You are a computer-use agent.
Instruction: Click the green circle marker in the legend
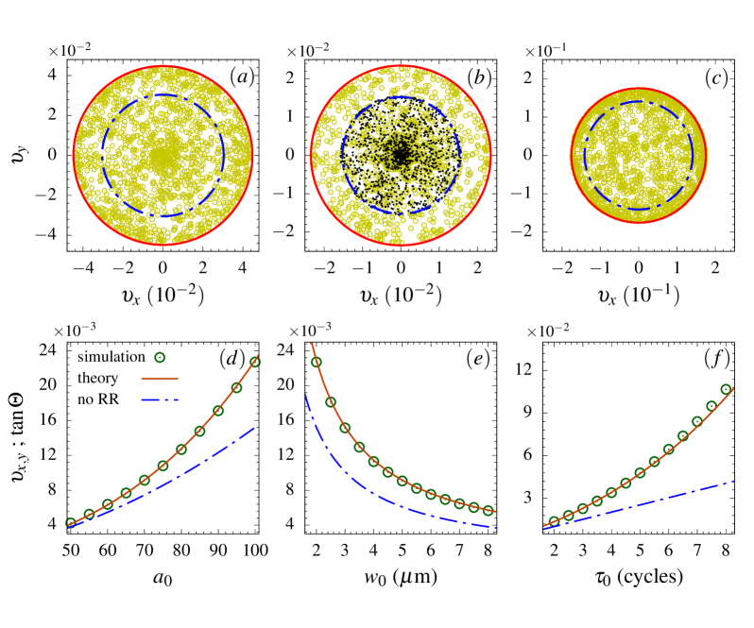[160, 357]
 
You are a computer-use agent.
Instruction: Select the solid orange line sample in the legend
[160, 378]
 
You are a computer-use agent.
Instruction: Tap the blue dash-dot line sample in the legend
[160, 399]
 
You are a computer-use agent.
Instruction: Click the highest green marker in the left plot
[255, 361]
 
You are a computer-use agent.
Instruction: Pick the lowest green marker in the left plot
[71, 522]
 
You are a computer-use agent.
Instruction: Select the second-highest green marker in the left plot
[237, 387]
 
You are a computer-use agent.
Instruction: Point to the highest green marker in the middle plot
[317, 362]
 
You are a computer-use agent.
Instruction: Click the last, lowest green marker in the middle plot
[488, 510]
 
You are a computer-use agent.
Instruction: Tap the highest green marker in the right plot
[726, 389]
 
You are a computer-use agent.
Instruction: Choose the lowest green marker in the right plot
[554, 521]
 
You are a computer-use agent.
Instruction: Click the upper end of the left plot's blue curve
[255, 427]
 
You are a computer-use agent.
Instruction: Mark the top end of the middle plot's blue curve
[305, 395]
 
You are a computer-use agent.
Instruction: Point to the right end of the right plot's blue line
[734, 481]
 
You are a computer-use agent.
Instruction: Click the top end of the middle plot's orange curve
[312, 344]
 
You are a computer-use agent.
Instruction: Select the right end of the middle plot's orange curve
[495, 512]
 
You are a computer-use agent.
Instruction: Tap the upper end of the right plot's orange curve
[734, 388]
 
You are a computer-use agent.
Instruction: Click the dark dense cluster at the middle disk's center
[401, 155]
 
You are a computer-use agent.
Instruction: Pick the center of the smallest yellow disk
[639, 156]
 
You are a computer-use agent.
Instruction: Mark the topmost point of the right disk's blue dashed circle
[639, 102]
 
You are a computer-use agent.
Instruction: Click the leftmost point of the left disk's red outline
[74, 156]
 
